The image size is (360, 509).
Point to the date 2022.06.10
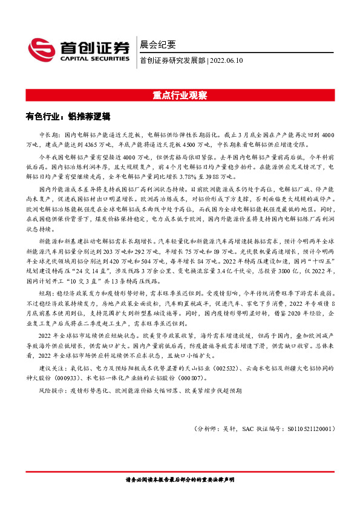pos(226,60)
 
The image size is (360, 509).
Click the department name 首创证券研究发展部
pos(172,60)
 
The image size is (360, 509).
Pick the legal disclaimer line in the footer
pos(180,479)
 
